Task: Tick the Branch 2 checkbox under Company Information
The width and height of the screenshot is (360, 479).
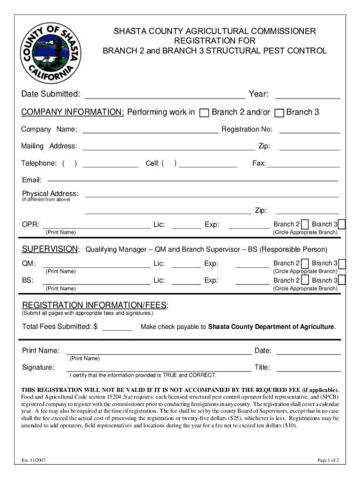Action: (204, 113)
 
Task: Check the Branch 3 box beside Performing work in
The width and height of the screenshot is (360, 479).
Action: (279, 113)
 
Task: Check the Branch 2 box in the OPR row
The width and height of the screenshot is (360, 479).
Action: (305, 225)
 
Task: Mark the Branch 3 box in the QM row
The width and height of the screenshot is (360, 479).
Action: (342, 263)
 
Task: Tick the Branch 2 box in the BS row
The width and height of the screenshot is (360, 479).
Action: (305, 280)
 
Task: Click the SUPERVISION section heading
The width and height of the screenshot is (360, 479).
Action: (50, 249)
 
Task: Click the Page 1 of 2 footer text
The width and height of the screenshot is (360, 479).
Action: (328, 460)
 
